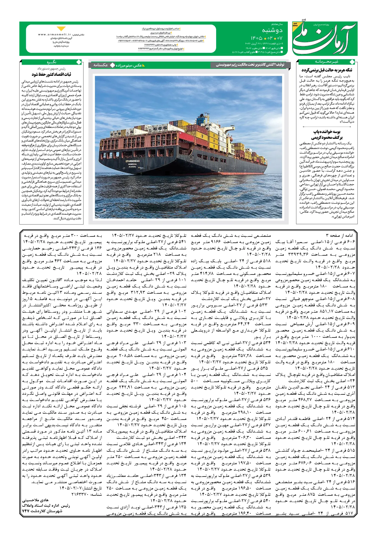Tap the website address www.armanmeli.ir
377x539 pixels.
pyautogui.click(x=54, y=35)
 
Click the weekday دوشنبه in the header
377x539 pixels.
pyautogui.click(x=272, y=30)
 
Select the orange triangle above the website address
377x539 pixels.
pyautogui.click(x=61, y=28)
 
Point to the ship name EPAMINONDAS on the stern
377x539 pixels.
pyautogui.click(x=133, y=161)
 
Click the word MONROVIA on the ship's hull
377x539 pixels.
pyautogui.click(x=133, y=164)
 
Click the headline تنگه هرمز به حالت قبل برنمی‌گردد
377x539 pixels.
pyautogui.click(x=327, y=70)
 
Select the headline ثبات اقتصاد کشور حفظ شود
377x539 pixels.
pyautogui.click(x=51, y=74)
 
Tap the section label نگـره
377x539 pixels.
pyautogui.click(x=51, y=62)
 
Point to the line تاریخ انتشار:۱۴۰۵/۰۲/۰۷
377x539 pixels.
pyautogui.click(x=81, y=488)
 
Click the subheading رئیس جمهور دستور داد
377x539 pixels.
pyautogui.click(x=51, y=68)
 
